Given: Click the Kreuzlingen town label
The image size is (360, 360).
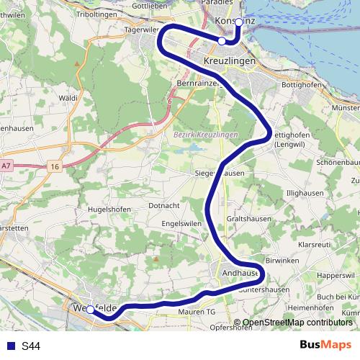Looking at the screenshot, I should tap(230, 63).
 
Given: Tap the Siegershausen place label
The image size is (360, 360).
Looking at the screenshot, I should tap(220, 174).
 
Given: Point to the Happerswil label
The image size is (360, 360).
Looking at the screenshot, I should tap(337, 275).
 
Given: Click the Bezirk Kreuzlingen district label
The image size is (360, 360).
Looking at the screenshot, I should tap(205, 135).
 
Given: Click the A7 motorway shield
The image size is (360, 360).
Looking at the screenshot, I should tap(6, 166).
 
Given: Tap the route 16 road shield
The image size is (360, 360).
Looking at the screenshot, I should tap(55, 166).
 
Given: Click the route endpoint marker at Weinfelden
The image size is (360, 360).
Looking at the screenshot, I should tap(90, 310).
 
